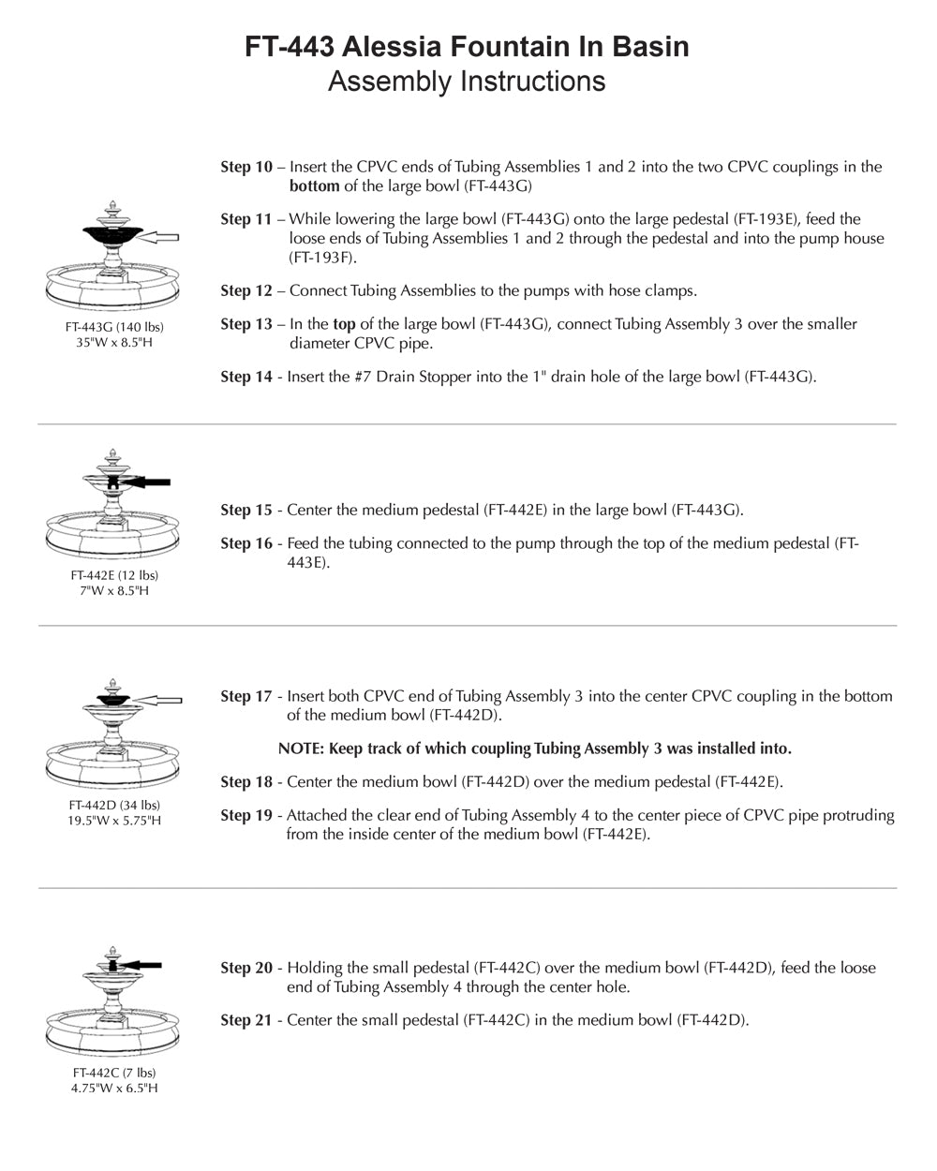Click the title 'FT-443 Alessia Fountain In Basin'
(467, 47)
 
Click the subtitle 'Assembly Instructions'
(467, 82)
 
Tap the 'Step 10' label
(246, 168)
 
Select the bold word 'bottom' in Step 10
(314, 186)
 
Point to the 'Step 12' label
(246, 291)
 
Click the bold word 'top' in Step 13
(344, 324)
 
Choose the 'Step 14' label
(246, 378)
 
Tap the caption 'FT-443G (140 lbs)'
(114, 327)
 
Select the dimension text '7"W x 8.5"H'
(114, 591)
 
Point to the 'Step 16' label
(246, 543)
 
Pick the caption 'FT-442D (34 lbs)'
(114, 805)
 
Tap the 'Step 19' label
(246, 816)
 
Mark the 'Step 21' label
(246, 1020)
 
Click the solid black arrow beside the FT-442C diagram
(143, 964)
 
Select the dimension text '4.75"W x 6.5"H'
(114, 1089)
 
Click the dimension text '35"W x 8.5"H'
(114, 343)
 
